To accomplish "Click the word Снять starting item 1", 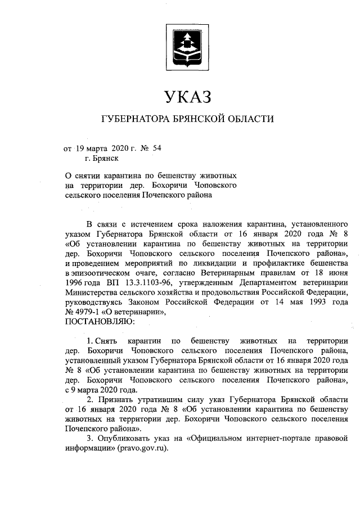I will pyautogui.click(x=105, y=341).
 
